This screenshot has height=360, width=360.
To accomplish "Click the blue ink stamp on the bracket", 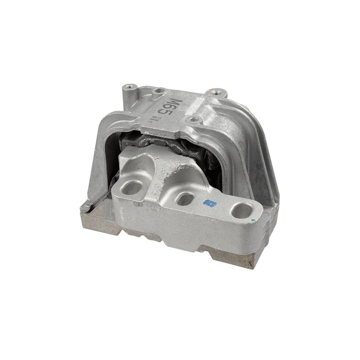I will (208, 204).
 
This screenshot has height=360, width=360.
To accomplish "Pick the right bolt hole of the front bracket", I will (241, 211).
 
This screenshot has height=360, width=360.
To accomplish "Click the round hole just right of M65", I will (194, 119).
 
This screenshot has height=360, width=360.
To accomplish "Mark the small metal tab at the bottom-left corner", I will (86, 207).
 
